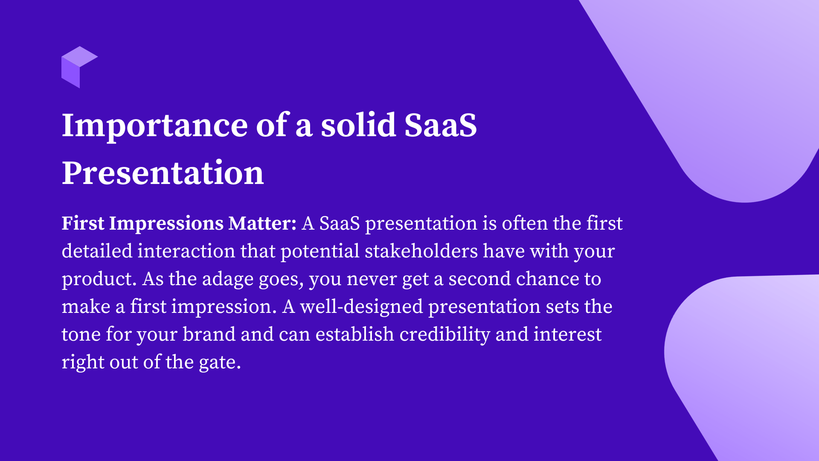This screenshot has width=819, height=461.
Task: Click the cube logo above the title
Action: tap(79, 67)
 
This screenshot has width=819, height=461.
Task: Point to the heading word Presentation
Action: tap(163, 173)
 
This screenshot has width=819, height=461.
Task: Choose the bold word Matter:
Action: tap(262, 223)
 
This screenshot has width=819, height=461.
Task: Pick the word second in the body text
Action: tap(479, 279)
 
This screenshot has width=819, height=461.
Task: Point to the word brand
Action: tap(209, 334)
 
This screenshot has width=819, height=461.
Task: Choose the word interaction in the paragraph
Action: tap(186, 251)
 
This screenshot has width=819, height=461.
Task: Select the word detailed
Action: tap(97, 251)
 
